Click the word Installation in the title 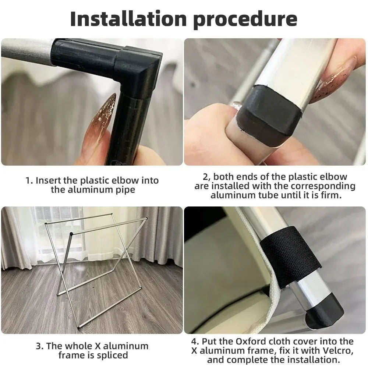pyautogui.click(x=128, y=19)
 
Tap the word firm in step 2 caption pyautogui.click(x=331, y=195)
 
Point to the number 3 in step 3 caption pyautogui.click(x=39, y=346)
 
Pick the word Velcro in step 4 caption pyautogui.click(x=338, y=351)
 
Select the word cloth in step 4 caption pyautogui.click(x=280, y=341)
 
